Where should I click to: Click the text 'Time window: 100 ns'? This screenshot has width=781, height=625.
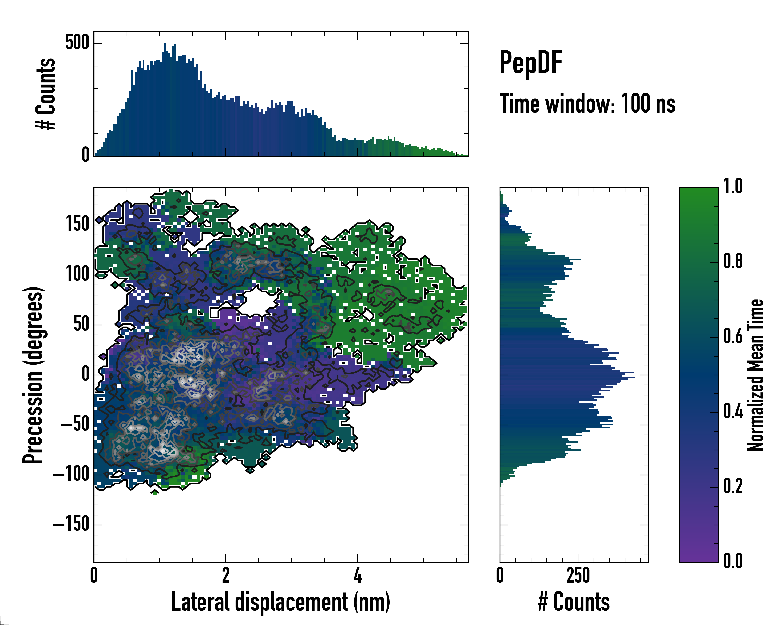click(587, 104)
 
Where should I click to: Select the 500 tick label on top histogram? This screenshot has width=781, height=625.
click(77, 43)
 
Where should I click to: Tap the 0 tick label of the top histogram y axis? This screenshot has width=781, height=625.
click(85, 155)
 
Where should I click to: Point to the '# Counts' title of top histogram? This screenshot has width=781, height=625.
click(46, 94)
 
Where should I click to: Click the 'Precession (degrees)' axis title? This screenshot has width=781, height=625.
click(33, 375)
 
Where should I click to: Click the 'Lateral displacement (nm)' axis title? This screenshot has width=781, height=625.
click(281, 602)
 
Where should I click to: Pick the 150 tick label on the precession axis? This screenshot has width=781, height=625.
click(77, 224)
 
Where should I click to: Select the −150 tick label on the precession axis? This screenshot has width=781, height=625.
click(71, 524)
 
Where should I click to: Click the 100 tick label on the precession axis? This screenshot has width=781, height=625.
click(77, 274)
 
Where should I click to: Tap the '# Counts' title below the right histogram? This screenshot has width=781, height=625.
click(574, 602)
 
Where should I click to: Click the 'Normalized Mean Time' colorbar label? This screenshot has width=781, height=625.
click(756, 375)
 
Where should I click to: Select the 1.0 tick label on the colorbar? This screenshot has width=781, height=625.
click(733, 187)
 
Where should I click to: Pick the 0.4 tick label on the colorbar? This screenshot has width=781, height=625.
click(733, 412)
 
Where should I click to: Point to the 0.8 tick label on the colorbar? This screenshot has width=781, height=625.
click(733, 262)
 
